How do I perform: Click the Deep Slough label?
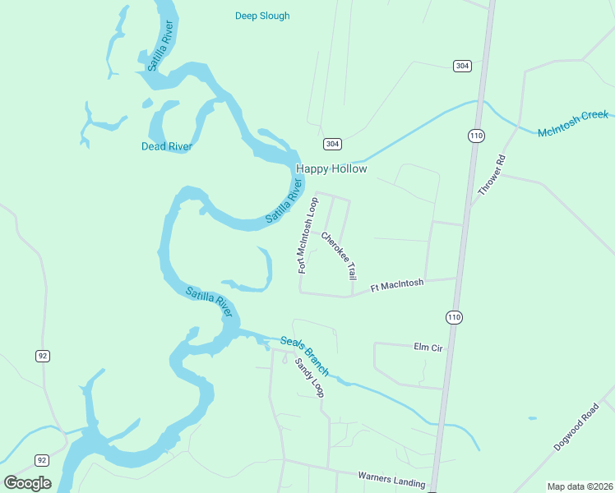coord(262,16)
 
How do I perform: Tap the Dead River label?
coord(166,147)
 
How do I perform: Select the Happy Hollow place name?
coord(331,168)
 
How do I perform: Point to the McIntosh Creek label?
coord(572,123)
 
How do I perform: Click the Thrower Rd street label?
coord(491,175)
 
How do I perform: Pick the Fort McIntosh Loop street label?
coord(307,234)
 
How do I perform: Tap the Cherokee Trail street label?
coord(339,256)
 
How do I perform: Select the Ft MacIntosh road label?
coord(397,285)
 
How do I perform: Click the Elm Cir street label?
coord(428,348)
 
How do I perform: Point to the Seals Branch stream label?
coord(304,356)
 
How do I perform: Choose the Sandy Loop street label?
coord(310,377)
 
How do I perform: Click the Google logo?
coord(27,483)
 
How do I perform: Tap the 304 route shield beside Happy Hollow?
coord(331,144)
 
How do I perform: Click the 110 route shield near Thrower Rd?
coord(476,135)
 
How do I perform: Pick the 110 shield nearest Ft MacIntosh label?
coord(455,316)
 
